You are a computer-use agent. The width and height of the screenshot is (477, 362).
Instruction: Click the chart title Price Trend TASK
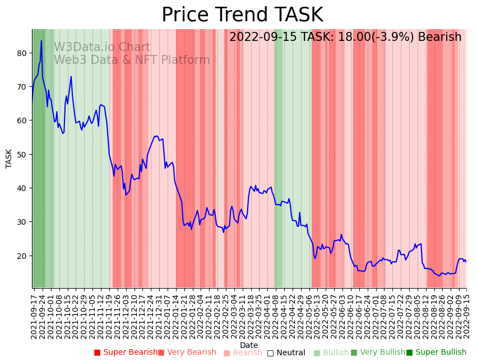click(x=242, y=15)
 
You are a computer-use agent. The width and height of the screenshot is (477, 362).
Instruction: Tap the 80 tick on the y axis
click(x=22, y=53)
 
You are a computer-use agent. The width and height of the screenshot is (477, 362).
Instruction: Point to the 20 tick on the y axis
click(x=22, y=256)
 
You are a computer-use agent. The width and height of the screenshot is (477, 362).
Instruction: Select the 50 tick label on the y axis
click(x=22, y=155)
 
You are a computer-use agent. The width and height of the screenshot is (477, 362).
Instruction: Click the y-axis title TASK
click(x=9, y=158)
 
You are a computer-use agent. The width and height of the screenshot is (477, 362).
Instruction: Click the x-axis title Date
click(x=249, y=345)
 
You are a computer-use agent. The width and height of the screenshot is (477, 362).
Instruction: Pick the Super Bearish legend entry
click(x=126, y=352)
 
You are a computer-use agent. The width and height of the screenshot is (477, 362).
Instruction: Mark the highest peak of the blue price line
click(x=41, y=40)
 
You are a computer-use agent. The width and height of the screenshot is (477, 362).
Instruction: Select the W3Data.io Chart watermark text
click(x=102, y=48)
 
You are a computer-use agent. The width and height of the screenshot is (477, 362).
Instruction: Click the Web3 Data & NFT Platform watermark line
click(x=132, y=60)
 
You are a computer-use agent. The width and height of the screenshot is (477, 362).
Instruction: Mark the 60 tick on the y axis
click(x=22, y=120)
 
